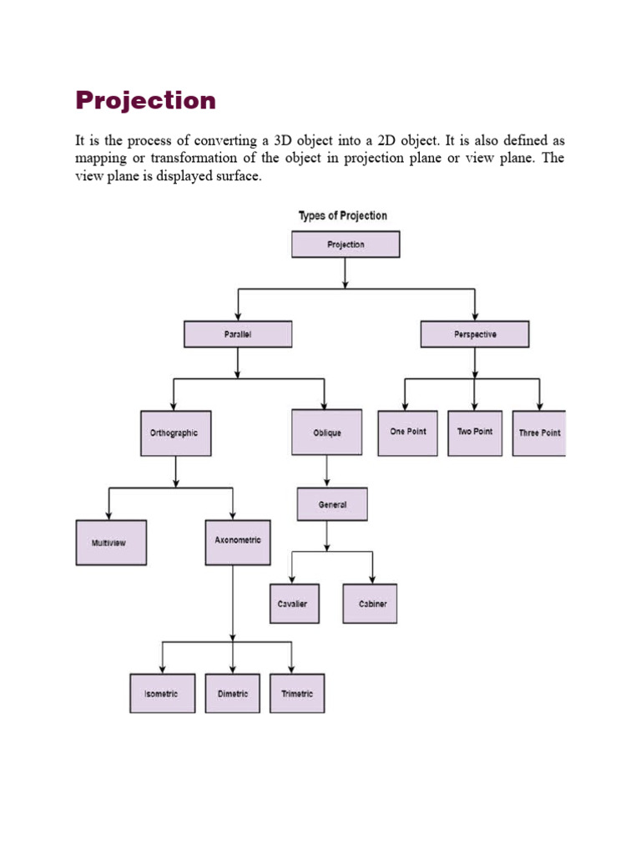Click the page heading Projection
click(145, 101)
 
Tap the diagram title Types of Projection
click(343, 215)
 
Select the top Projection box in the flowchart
click(346, 245)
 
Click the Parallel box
click(238, 335)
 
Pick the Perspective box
click(475, 335)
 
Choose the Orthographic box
click(174, 433)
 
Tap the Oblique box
click(327, 433)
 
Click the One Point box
click(407, 433)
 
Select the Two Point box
click(475, 433)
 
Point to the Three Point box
click(539, 433)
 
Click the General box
click(332, 504)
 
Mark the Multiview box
click(111, 543)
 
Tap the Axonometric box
click(238, 541)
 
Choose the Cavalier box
click(293, 604)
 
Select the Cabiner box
click(370, 604)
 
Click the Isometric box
click(162, 694)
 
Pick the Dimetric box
click(233, 694)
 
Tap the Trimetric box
click(297, 694)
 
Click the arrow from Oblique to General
click(327, 472)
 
